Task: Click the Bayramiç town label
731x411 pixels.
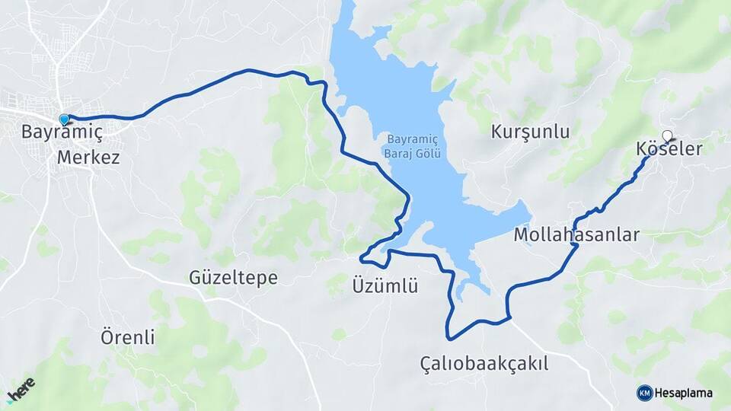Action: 62,132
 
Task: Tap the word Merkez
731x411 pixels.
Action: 88,158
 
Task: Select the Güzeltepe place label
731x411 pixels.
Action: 233,278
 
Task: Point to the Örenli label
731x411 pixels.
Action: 128,336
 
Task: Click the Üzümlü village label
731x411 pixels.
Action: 385,287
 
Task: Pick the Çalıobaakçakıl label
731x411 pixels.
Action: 484,364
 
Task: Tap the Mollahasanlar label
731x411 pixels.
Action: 576,234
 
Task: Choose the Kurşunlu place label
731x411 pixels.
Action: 530,132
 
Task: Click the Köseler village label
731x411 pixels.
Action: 668,150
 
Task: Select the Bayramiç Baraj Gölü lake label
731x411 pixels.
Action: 414,147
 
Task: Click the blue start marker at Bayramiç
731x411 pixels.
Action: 64,119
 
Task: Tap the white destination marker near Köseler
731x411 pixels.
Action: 668,136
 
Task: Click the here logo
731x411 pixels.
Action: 21,390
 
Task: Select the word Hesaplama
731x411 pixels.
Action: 684,393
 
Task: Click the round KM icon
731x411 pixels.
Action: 645,393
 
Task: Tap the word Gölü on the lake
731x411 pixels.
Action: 431,154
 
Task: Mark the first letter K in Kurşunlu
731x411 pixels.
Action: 497,132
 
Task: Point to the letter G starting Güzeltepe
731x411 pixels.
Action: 196,278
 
